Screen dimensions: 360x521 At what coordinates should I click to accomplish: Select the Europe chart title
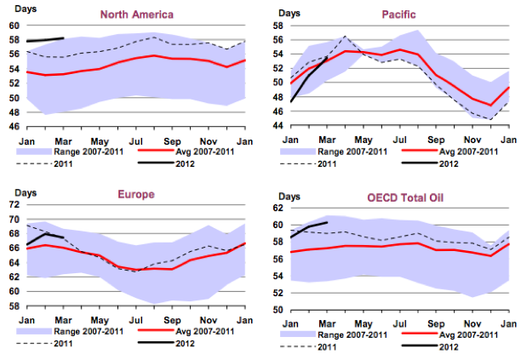tap(135, 194)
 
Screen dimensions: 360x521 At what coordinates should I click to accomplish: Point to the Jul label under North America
tap(136, 139)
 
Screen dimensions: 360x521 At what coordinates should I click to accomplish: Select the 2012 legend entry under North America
tap(182, 163)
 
